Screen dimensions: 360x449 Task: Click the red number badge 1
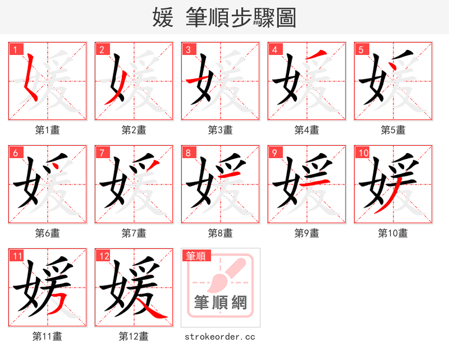[x=15, y=49]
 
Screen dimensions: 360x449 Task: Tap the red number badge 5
[x=360, y=49]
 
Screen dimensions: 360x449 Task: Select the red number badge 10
[x=363, y=153]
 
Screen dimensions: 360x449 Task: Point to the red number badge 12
[x=103, y=256]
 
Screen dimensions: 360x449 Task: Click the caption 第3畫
[x=220, y=130]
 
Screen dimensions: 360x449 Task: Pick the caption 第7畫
[x=134, y=233]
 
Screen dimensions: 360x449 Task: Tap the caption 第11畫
[x=47, y=336]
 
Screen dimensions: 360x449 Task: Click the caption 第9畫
[x=306, y=233]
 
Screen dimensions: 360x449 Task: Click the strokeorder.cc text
[x=220, y=337]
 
